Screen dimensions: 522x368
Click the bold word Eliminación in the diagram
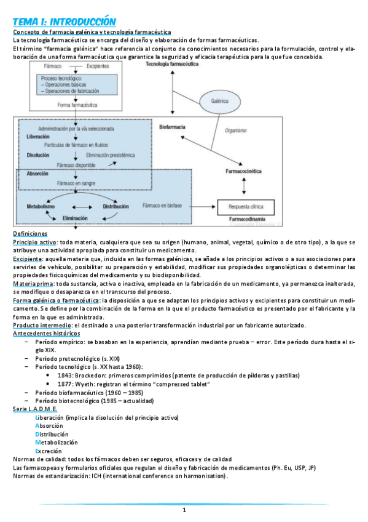[x=76, y=218]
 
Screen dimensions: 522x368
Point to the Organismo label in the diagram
[x=237, y=130]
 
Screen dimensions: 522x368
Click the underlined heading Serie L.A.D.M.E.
[x=35, y=409]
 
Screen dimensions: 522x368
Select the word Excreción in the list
[x=52, y=451]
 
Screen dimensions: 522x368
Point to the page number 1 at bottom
[x=183, y=510]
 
